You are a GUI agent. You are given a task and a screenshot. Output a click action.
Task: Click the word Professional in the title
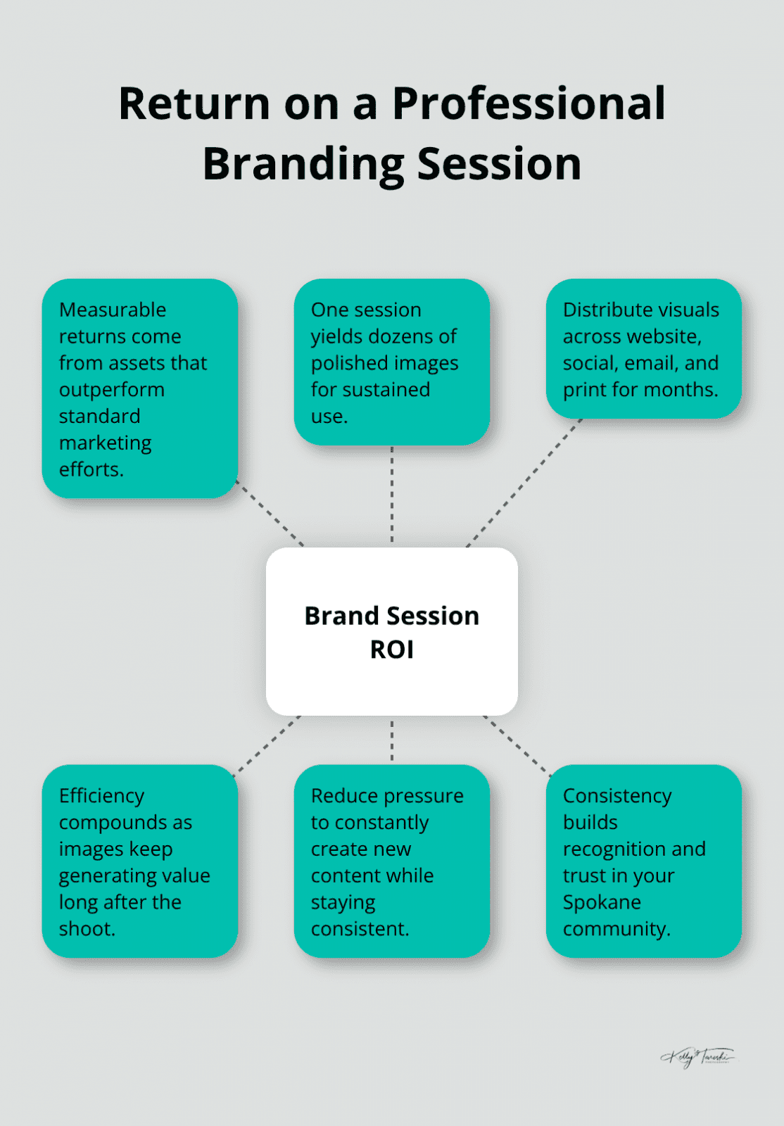coord(529,103)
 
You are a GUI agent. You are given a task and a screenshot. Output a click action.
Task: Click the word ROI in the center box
coord(392,650)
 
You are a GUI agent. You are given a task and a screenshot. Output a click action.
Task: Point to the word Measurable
coord(113,310)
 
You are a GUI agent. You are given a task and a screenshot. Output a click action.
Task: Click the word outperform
coord(111,390)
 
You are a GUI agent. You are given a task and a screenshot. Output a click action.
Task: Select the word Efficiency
coord(101,796)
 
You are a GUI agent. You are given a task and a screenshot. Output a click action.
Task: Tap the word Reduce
coord(341,796)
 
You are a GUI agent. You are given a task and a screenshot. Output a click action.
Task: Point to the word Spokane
coord(602,902)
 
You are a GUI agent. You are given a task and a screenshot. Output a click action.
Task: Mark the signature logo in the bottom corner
coord(697,1056)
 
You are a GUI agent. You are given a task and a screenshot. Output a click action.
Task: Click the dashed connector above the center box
coord(392,496)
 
